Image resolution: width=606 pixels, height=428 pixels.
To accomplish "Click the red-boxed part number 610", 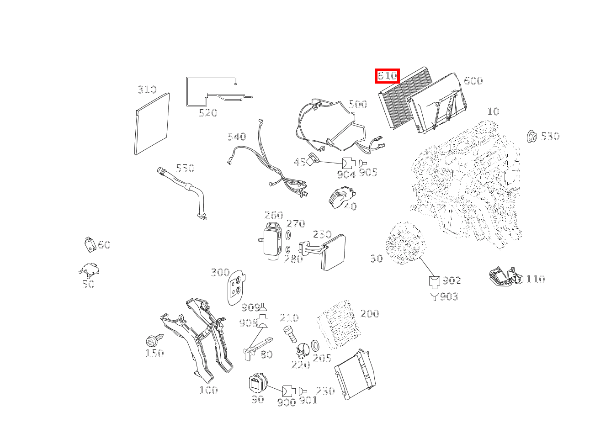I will pyautogui.click(x=387, y=76).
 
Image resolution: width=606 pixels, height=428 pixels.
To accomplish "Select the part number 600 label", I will pyautogui.click(x=473, y=81).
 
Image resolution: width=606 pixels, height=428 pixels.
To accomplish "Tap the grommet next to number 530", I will pyautogui.click(x=532, y=136).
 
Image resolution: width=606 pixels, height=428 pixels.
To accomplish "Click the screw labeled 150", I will pyautogui.click(x=153, y=340).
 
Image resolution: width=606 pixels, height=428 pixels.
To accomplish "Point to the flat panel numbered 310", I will pyautogui.click(x=152, y=123).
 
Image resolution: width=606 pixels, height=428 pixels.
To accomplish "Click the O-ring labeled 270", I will pyautogui.click(x=288, y=235).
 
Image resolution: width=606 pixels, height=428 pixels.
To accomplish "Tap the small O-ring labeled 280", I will pyautogui.click(x=288, y=249).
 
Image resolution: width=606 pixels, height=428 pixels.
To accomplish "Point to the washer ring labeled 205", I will pyautogui.click(x=315, y=344).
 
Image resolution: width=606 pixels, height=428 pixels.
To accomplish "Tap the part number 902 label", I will pyautogui.click(x=452, y=280).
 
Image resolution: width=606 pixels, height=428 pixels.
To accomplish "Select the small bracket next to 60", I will pyautogui.click(x=90, y=244).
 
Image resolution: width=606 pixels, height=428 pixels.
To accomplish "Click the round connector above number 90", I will pyautogui.click(x=257, y=383).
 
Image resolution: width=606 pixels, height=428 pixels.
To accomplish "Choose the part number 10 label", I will pyautogui.click(x=493, y=111).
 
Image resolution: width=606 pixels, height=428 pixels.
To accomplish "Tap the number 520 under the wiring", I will pyautogui.click(x=207, y=113).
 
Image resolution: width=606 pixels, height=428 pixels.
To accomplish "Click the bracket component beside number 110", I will pyautogui.click(x=505, y=277).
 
